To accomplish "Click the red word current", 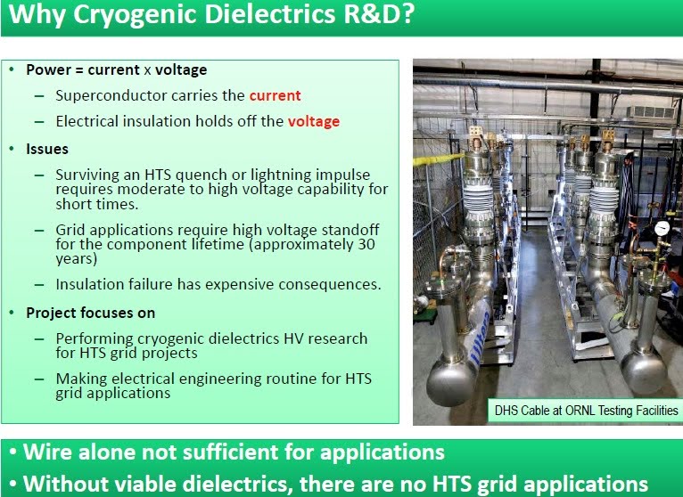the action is (275, 95).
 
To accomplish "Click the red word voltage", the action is (314, 121).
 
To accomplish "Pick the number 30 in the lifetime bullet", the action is (366, 244).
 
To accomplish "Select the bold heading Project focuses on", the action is (91, 313).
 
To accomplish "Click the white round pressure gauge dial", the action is (662, 228).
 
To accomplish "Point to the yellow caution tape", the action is (438, 159).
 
